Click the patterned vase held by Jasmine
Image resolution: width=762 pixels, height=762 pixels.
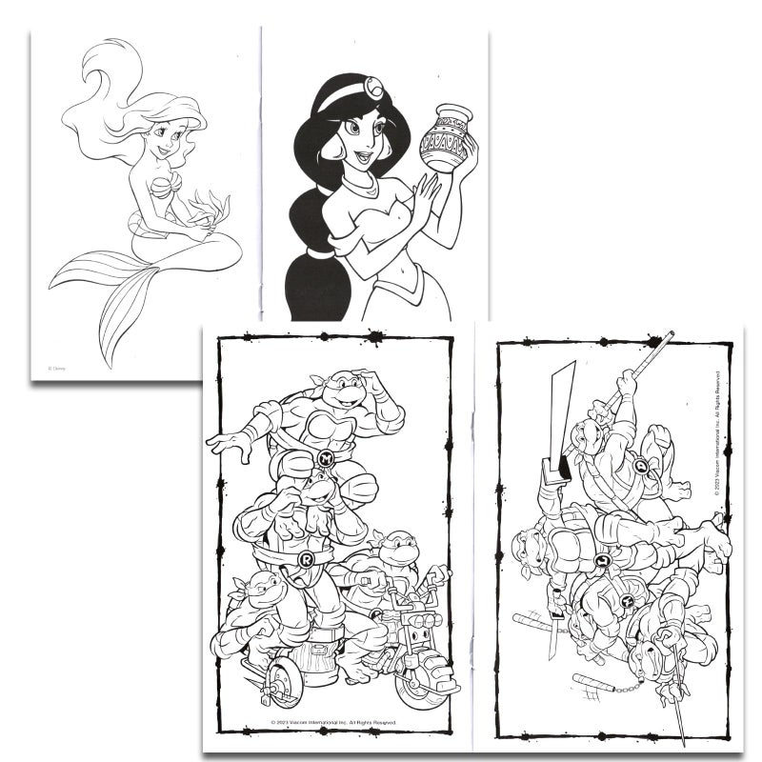pyautogui.click(x=446, y=139)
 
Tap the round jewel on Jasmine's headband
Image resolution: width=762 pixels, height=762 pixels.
pyautogui.click(x=374, y=89)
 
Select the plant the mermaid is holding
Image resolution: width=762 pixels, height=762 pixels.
pyautogui.click(x=209, y=206)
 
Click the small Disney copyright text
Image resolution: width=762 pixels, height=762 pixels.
pyautogui.click(x=57, y=368)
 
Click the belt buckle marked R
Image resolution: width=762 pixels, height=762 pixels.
pyautogui.click(x=307, y=559)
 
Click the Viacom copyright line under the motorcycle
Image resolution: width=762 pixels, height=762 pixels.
pyautogui.click(x=333, y=724)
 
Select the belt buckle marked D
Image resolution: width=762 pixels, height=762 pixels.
pyautogui.click(x=641, y=467)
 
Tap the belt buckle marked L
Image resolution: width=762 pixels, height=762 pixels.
pyautogui.click(x=602, y=560)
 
